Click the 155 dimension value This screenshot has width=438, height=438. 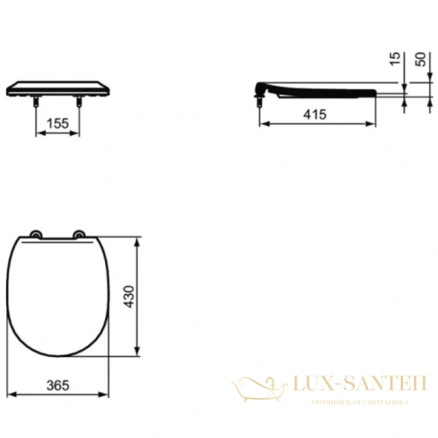coord(58,123)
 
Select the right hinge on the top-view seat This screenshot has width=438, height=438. coord(77,234)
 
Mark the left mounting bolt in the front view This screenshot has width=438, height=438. coord(36,104)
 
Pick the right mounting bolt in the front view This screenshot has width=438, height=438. coord(78,104)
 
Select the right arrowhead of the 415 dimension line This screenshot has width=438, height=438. coord(374,123)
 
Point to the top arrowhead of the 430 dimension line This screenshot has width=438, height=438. coord(137,239)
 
